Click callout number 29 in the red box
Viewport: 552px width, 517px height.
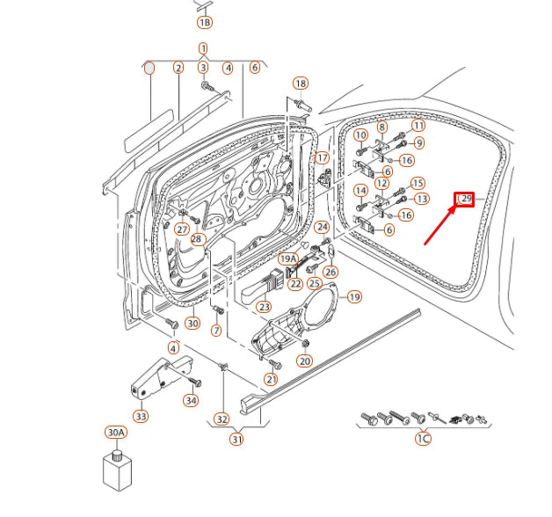[465, 200]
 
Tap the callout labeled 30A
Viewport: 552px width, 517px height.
[116, 433]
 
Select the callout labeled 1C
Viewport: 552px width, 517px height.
[423, 438]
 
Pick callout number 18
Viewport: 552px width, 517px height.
[301, 84]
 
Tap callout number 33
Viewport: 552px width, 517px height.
[141, 416]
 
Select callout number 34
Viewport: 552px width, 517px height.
[191, 401]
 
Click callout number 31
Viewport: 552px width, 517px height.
[236, 439]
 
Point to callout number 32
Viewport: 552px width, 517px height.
[222, 419]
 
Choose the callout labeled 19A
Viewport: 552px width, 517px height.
[288, 259]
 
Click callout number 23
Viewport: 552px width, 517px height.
[264, 308]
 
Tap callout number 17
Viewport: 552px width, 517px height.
[323, 158]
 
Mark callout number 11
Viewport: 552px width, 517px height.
[418, 127]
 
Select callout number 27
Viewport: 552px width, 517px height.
[182, 229]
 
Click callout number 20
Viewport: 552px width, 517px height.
[305, 360]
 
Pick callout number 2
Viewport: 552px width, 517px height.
[178, 68]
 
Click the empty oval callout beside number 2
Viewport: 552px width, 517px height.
[150, 68]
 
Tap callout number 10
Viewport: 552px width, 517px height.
[360, 135]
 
